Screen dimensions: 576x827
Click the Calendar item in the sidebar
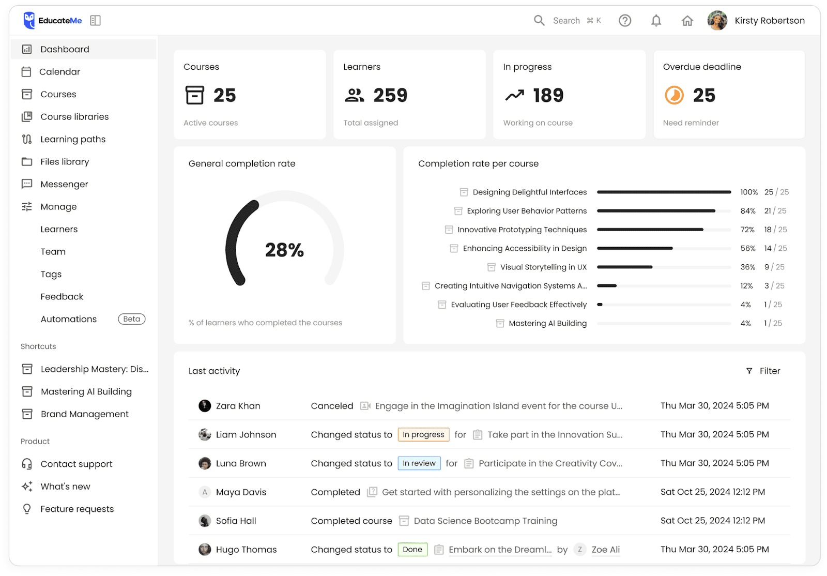coord(59,72)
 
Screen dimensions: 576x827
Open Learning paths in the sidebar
coord(73,139)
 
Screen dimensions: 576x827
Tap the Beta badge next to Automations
coord(131,319)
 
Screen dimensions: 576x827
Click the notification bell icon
coord(656,21)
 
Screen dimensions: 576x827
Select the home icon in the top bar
coord(687,21)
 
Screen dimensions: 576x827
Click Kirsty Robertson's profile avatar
coord(717,21)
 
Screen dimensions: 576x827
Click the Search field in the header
coord(566,21)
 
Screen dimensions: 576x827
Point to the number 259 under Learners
coord(390,96)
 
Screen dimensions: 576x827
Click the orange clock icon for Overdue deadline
coord(674,96)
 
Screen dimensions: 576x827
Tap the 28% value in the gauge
coord(284,250)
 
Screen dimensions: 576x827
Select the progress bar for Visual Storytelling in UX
coord(663,267)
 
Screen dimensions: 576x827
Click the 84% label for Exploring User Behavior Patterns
coord(747,211)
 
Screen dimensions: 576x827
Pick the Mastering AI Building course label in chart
coord(547,323)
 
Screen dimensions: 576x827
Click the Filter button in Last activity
coord(763,371)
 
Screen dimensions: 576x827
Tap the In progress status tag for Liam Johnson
coord(423,435)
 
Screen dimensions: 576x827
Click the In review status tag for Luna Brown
coord(419,463)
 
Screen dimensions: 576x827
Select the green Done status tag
coord(412,550)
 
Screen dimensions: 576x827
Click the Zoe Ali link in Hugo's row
coord(605,550)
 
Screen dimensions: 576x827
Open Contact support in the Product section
coord(76,464)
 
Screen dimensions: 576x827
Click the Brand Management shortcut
coord(84,414)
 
